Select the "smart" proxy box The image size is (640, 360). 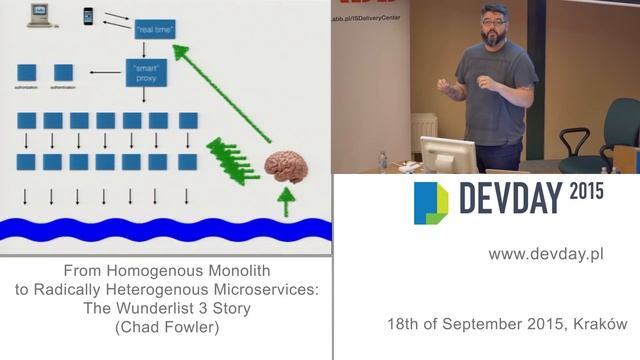coord(146,72)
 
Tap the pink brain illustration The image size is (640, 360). coord(286,168)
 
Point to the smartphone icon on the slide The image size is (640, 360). coord(88,15)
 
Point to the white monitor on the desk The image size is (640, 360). coord(448,155)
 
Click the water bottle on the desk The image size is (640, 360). coord(382,161)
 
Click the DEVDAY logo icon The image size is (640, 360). coord(431,202)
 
